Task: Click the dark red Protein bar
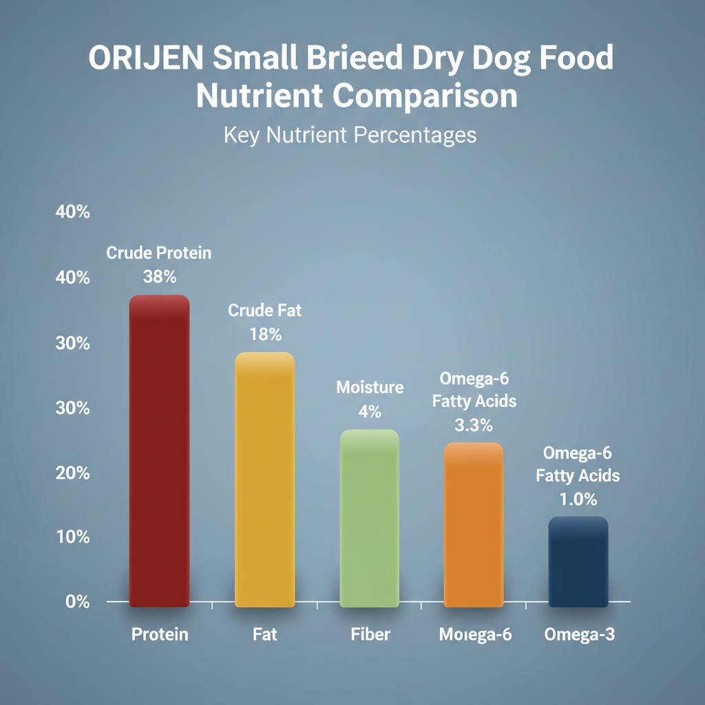tap(159, 451)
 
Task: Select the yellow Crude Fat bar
tap(265, 480)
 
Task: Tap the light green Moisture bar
tap(370, 518)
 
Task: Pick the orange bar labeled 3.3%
tap(474, 525)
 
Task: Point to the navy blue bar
tap(578, 562)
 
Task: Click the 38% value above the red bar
tap(160, 277)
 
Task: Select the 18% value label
tap(265, 335)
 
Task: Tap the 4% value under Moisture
tap(370, 412)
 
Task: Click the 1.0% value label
tap(578, 499)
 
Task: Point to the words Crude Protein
tap(159, 253)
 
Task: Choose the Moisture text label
tap(370, 387)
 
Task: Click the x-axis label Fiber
tap(370, 634)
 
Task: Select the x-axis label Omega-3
tap(579, 634)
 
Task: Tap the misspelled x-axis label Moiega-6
tap(475, 634)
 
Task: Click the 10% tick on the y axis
tap(72, 537)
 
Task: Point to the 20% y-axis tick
tap(72, 473)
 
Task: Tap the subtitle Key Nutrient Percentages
tap(350, 135)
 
